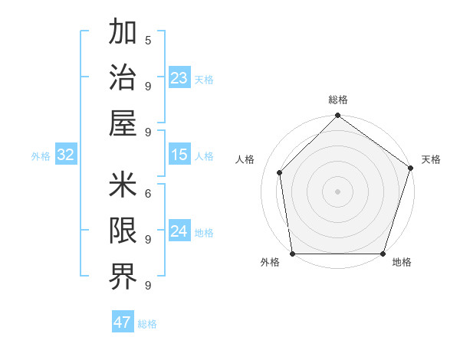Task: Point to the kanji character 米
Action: tap(123, 185)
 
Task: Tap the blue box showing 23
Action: tap(179, 78)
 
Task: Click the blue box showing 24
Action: tap(179, 231)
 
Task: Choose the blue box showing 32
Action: tap(66, 155)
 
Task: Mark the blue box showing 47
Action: tap(123, 322)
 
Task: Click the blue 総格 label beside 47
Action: tap(147, 324)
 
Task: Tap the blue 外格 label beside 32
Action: tap(41, 156)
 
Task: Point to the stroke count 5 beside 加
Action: tap(148, 40)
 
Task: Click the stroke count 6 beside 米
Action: tap(148, 194)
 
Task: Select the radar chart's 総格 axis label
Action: tap(337, 100)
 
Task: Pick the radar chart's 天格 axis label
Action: tap(432, 159)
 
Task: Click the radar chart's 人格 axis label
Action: tap(245, 159)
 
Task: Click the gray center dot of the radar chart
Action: tap(337, 191)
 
